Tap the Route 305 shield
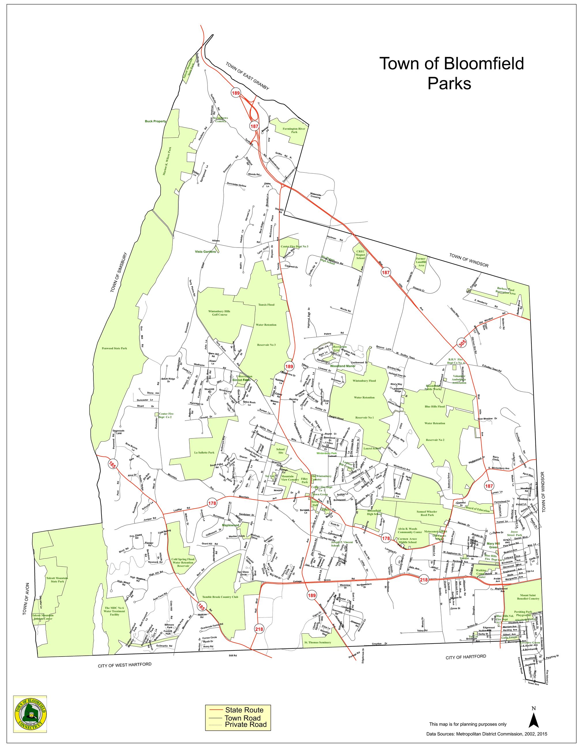pyautogui.click(x=462, y=343)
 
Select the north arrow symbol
pyautogui.click(x=533, y=717)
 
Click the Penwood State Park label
pyautogui.click(x=114, y=348)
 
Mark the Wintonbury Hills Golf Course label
pyautogui.click(x=219, y=312)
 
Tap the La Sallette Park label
pyautogui.click(x=204, y=452)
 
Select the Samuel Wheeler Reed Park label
pyautogui.click(x=427, y=513)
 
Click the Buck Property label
pyautogui.click(x=155, y=121)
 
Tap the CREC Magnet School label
pyautogui.click(x=360, y=255)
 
